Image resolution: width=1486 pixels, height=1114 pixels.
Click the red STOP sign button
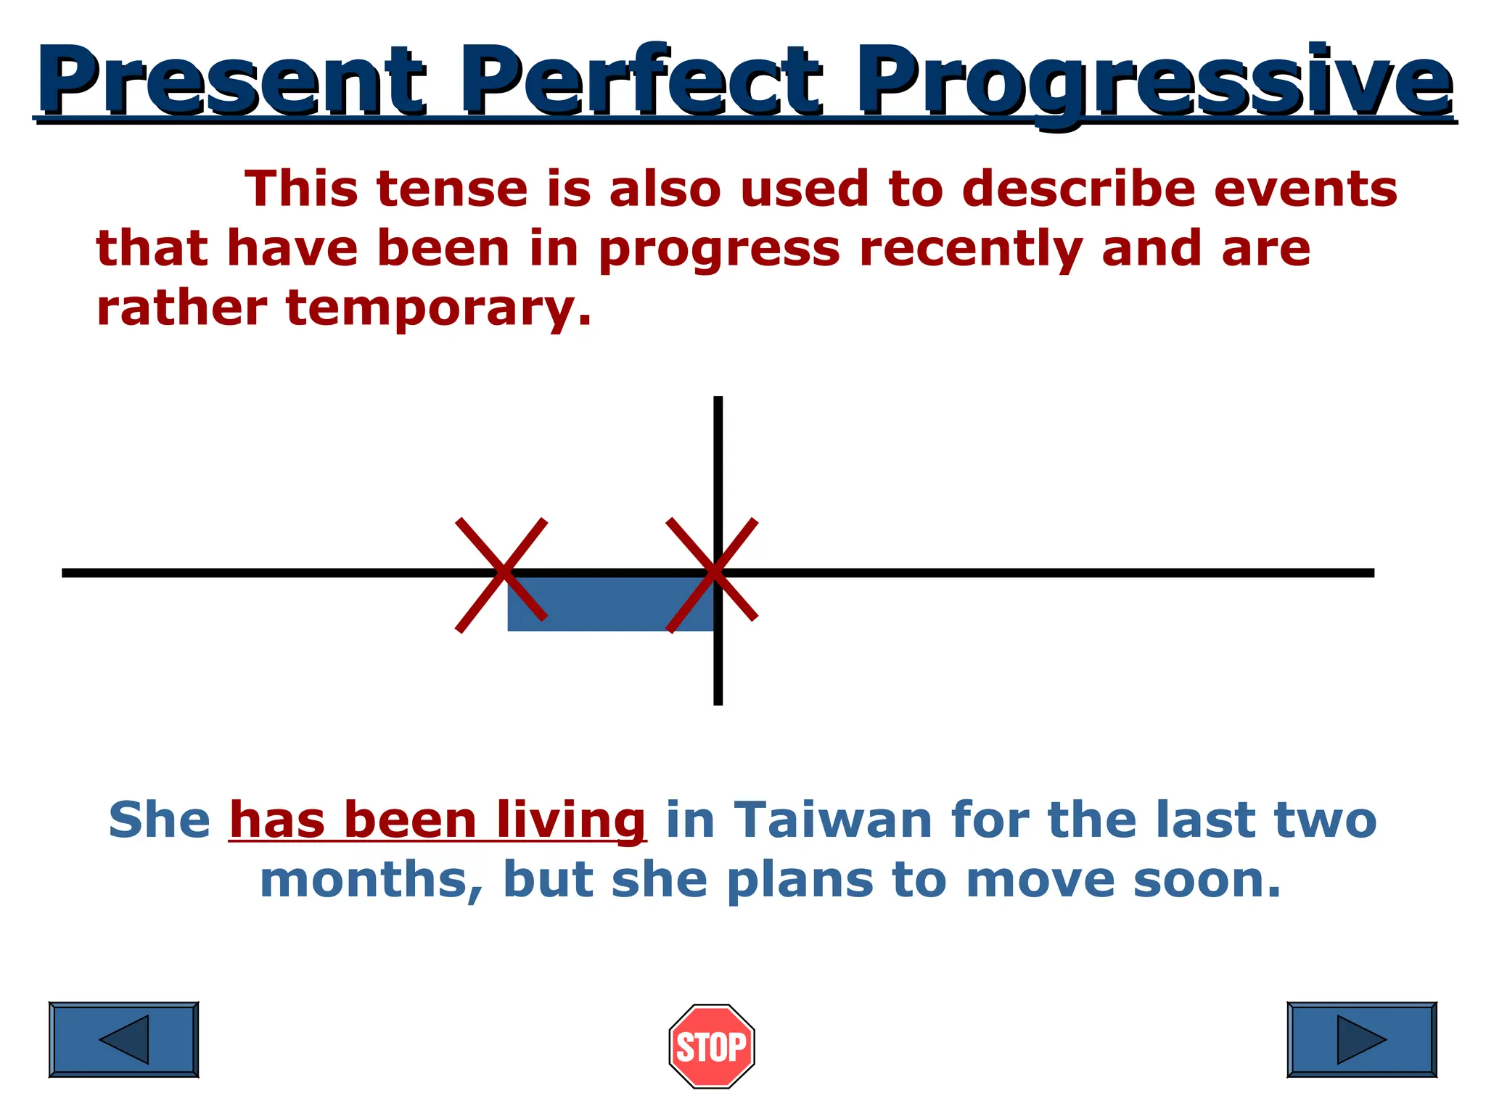pos(711,1046)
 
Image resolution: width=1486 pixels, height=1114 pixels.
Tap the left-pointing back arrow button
pos(123,1039)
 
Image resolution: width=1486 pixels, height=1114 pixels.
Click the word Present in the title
pos(231,81)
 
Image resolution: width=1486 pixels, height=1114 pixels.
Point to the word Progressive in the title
pos(1154,81)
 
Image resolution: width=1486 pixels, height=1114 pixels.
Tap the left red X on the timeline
pos(501,574)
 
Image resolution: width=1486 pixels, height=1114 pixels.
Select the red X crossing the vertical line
pos(713,574)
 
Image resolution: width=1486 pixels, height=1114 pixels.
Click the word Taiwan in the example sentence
pos(833,820)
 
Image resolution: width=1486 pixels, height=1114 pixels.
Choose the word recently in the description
pos(971,249)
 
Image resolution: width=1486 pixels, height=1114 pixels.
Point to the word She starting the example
pos(160,820)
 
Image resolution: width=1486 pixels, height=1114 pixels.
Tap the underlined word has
pos(277,820)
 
